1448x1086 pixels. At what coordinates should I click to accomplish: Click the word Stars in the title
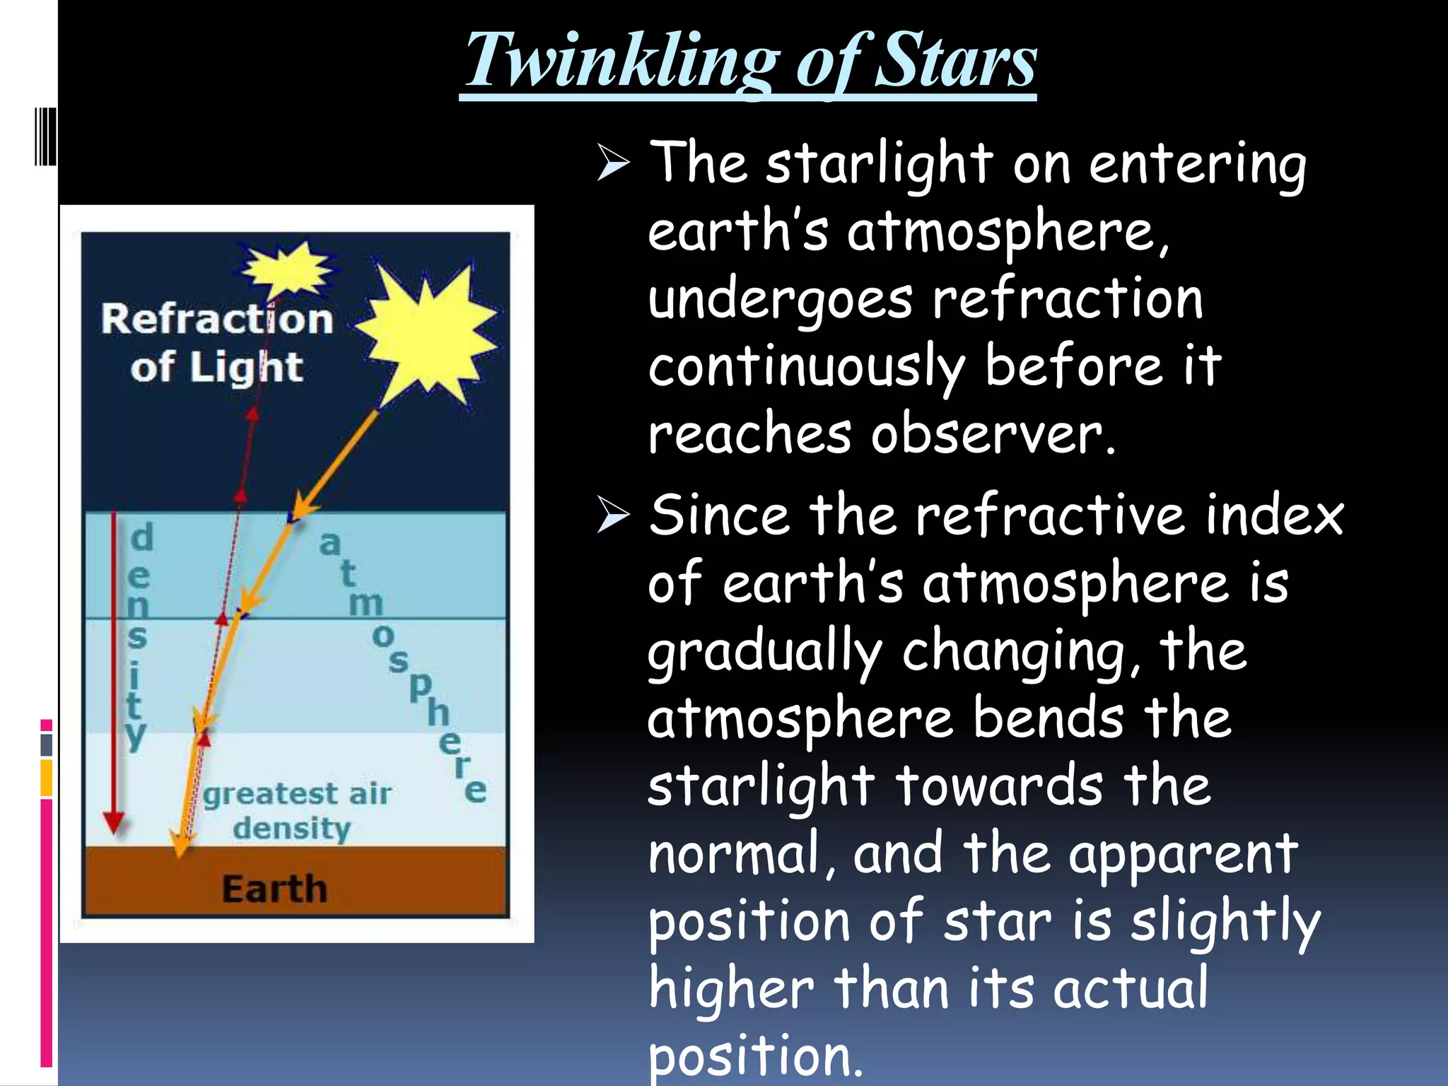tap(956, 62)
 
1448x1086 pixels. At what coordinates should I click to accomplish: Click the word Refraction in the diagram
tap(216, 320)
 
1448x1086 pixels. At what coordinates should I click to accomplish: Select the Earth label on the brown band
tap(274, 888)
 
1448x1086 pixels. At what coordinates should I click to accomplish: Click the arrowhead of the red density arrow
tap(114, 823)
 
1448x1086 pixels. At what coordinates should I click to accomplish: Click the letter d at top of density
tap(142, 537)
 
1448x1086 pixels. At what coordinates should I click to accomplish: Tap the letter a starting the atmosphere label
tap(329, 544)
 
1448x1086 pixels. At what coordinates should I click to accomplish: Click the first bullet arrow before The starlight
tap(612, 163)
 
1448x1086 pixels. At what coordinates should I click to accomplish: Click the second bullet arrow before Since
tap(612, 514)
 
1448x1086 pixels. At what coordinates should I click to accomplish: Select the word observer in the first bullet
tap(993, 434)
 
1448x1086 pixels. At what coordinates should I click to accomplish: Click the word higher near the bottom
tap(731, 988)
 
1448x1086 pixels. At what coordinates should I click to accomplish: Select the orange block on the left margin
tap(47, 778)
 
